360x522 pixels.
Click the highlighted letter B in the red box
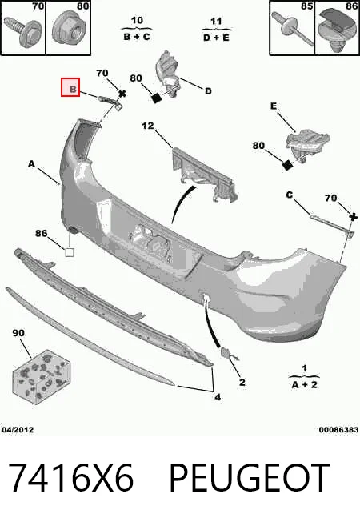point(73,89)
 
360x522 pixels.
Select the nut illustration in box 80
point(68,30)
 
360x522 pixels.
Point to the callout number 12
point(148,126)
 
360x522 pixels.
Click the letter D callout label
point(208,91)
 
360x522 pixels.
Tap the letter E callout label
point(274,106)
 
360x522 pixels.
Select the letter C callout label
point(290,195)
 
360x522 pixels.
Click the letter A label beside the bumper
point(31,164)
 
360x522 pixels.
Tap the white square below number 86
point(70,252)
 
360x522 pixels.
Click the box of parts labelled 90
point(41,376)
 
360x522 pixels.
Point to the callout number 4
point(218,397)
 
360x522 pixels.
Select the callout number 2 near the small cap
point(242,382)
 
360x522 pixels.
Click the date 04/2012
point(18,429)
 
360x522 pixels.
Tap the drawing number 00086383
point(338,430)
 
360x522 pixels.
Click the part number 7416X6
point(71,477)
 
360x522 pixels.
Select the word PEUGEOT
point(250,477)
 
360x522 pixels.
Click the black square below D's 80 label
point(156,98)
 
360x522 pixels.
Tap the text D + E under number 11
point(216,38)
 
